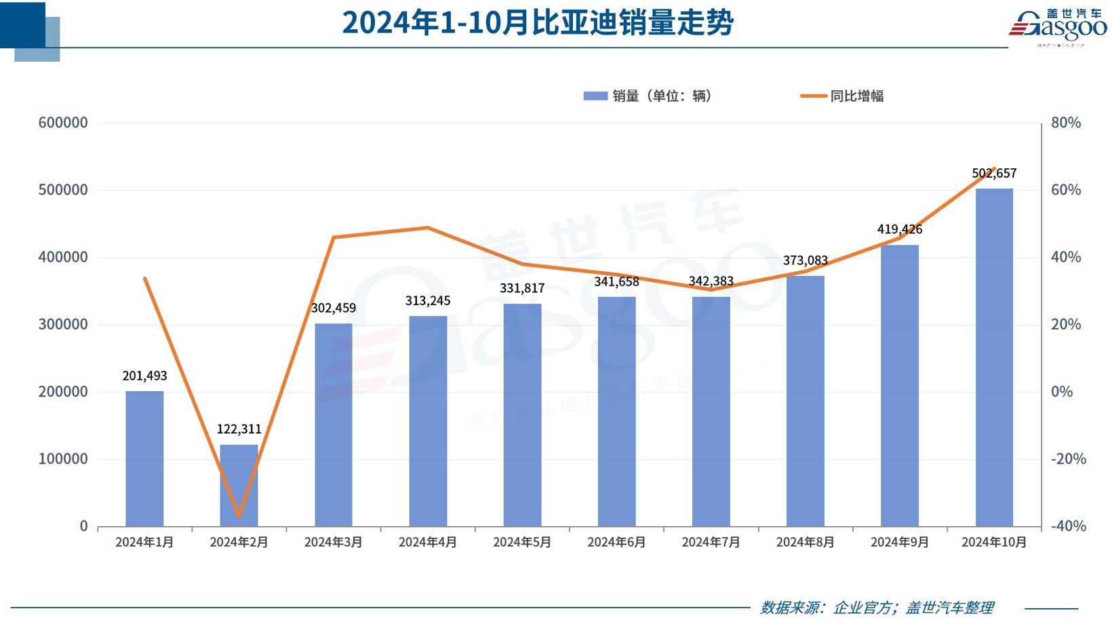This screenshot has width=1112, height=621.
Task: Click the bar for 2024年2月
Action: [239, 485]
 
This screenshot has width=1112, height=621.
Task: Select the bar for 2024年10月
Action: [994, 357]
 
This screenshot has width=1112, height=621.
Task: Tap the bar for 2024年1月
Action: [144, 458]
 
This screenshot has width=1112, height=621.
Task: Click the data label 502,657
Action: [994, 174]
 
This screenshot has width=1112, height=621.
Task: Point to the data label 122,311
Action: [239, 429]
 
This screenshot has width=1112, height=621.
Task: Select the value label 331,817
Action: [522, 288]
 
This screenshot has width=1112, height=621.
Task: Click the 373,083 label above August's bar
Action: [805, 260]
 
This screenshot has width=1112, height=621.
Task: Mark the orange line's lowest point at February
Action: [239, 516]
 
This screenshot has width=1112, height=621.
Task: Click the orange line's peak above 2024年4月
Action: [428, 228]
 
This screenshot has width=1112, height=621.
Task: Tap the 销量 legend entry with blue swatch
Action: [648, 96]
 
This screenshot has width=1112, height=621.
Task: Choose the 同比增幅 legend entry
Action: [843, 96]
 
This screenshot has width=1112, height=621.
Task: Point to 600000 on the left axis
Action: [63, 123]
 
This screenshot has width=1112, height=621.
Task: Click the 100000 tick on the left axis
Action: [63, 459]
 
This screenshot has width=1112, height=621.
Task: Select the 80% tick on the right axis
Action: [1065, 123]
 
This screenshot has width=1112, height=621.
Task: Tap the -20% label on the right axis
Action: [1068, 459]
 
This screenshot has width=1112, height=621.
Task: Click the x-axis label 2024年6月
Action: [616, 542]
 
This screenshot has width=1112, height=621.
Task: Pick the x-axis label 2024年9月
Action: [899, 542]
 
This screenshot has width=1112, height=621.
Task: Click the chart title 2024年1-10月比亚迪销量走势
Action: [538, 22]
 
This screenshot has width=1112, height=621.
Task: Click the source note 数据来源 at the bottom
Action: [877, 607]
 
